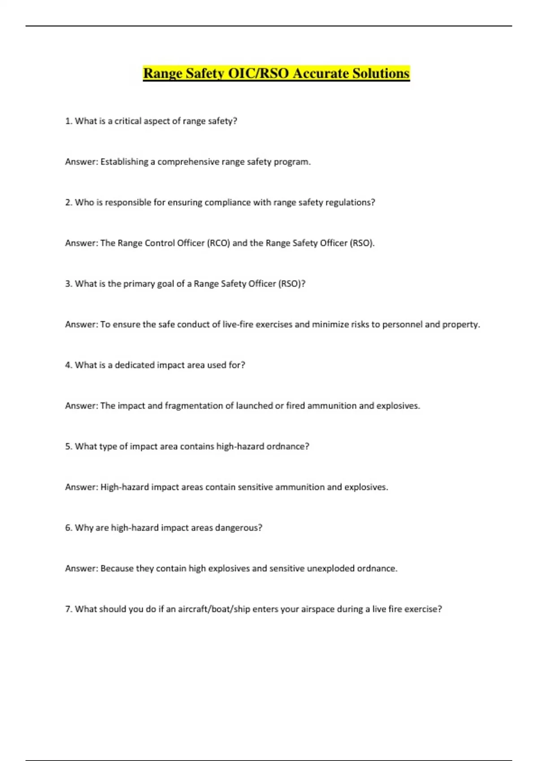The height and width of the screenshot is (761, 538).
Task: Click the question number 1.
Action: pos(68,121)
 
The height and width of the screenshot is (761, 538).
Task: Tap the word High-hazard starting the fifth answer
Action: pos(125,487)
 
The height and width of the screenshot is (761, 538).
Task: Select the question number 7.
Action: pos(68,609)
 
